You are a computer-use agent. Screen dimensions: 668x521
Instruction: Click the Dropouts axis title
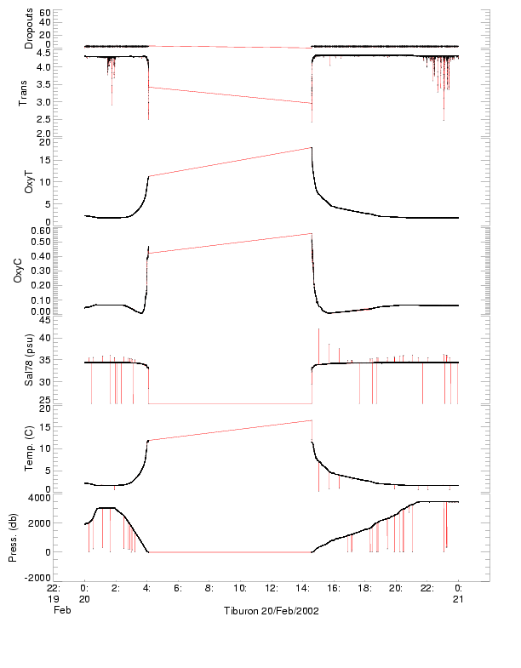(x=29, y=29)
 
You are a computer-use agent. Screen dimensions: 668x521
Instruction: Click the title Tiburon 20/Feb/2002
(x=271, y=612)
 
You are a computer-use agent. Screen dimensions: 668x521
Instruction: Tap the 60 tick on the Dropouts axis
(x=45, y=14)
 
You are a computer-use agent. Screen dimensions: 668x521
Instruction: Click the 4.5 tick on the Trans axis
(x=43, y=53)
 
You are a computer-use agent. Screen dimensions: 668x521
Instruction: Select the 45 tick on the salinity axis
(x=45, y=319)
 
